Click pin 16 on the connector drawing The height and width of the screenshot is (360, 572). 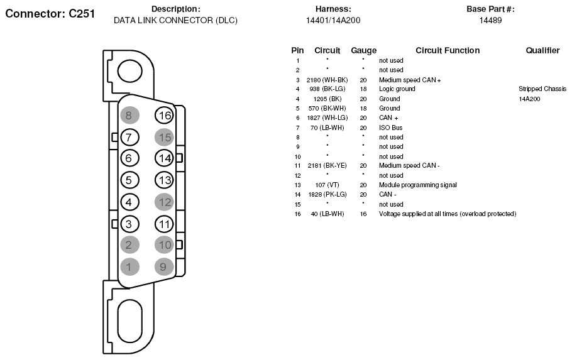(x=164, y=115)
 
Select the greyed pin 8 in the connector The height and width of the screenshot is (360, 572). (x=129, y=115)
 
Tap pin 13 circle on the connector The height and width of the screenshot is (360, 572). (x=164, y=180)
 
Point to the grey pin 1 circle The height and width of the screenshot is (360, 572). (x=129, y=266)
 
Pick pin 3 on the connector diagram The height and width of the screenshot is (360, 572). (x=129, y=224)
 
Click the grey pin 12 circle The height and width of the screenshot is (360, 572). (x=164, y=202)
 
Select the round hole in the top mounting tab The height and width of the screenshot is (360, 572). (x=129, y=71)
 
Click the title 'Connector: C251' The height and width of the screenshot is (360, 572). (x=50, y=13)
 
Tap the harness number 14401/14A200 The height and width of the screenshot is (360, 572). (x=333, y=21)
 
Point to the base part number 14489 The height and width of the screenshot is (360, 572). (x=490, y=21)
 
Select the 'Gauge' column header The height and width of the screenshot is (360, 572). (x=364, y=50)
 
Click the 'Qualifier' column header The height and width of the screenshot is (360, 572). (x=542, y=50)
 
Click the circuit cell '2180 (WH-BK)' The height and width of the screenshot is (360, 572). (x=327, y=80)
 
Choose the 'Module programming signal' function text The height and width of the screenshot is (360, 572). (x=418, y=185)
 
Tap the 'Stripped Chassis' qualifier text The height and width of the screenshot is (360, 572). (x=542, y=89)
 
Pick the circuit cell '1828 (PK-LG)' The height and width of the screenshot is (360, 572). (x=327, y=194)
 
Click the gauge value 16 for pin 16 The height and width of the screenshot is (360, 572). (x=363, y=214)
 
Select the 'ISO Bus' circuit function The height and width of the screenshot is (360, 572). (x=391, y=128)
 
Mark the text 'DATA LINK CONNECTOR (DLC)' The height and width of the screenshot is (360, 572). (x=175, y=21)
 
